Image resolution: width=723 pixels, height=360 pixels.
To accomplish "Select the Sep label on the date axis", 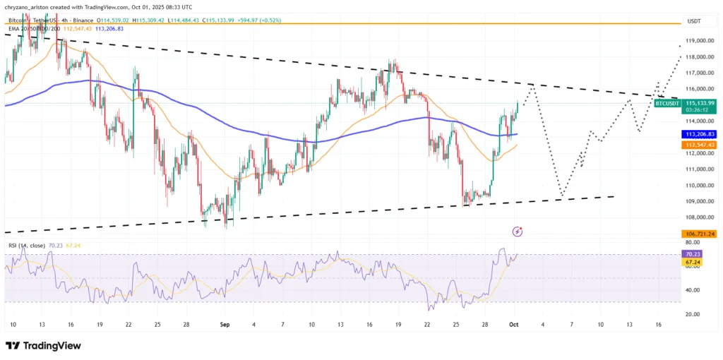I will (x=225, y=325).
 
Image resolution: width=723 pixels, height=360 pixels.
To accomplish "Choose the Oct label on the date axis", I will (x=515, y=325).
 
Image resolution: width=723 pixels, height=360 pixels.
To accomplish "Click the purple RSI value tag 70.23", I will (x=693, y=253).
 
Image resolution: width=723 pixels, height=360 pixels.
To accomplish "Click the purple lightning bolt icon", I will (x=518, y=231).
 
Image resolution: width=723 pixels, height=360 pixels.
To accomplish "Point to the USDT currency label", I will (x=694, y=22).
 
